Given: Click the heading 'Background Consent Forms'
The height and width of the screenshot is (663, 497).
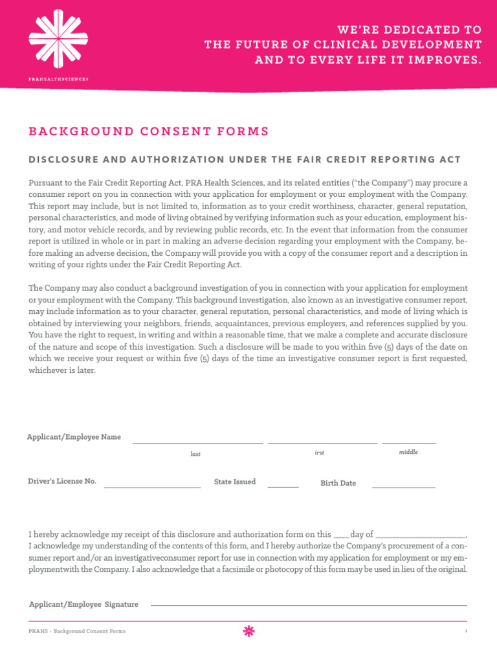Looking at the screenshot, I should coord(148,131).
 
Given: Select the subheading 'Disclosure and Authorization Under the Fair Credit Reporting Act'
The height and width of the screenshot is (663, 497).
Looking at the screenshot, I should coord(245,160).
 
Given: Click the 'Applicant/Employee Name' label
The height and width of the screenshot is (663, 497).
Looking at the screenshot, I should coord(74,437).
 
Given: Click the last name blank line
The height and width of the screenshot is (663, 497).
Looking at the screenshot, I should coord(197,443).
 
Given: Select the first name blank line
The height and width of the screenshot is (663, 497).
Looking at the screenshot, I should coord(322,443).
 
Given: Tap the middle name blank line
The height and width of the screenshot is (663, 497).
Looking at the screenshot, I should coord(408,443).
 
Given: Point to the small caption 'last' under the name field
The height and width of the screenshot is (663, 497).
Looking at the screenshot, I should coord(195,454).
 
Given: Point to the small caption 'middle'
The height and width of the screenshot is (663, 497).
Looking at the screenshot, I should coord(408,452).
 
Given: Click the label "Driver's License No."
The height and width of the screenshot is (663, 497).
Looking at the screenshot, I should coord(62,481).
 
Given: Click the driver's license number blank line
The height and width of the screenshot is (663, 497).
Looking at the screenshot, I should coord(152,487).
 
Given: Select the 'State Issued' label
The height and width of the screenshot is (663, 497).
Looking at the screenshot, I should coord(235,482).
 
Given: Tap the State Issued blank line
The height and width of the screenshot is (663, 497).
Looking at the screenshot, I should coord(283,487).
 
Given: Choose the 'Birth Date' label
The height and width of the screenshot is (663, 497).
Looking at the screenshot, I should coord(338,483).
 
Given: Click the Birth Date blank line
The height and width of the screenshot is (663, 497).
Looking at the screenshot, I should coord(403,487).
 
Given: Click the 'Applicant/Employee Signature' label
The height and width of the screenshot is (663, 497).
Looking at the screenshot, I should coord(83,604).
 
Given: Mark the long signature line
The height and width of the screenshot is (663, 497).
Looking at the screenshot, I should coord(309,605).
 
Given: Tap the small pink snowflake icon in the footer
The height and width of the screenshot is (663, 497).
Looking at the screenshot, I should coord(248,631).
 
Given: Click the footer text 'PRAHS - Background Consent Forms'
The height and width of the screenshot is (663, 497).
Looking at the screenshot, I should coord(77,631).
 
